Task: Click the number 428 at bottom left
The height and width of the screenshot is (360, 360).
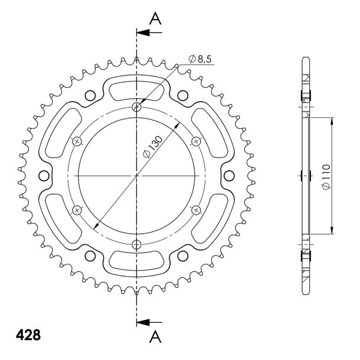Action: (x=28, y=335)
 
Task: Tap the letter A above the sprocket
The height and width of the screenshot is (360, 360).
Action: (x=155, y=19)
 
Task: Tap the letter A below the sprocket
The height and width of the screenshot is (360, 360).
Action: (x=155, y=337)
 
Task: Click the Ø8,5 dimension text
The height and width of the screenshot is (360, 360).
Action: (x=199, y=59)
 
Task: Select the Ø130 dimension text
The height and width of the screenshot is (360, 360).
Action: (x=153, y=147)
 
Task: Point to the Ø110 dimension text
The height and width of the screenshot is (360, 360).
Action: (x=326, y=177)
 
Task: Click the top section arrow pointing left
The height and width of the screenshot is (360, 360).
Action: (x=149, y=32)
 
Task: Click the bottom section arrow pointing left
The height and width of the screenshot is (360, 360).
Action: (x=149, y=322)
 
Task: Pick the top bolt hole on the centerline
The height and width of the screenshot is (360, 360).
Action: (x=136, y=107)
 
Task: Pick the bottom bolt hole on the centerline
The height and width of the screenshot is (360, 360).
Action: (x=136, y=244)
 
